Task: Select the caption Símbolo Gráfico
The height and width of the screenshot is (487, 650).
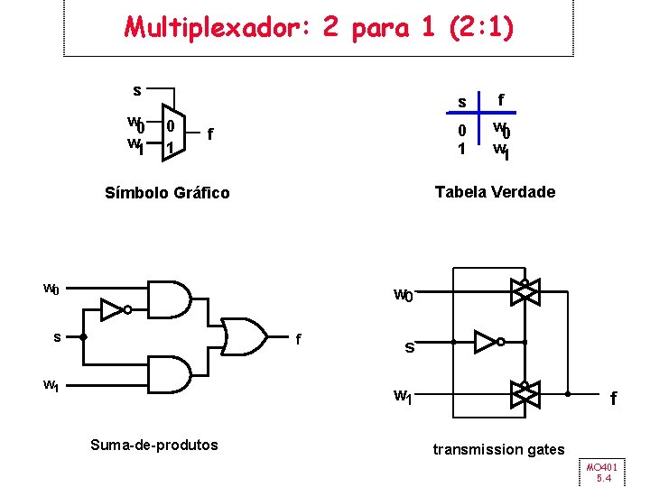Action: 167,193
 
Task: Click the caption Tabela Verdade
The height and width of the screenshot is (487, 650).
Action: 495,191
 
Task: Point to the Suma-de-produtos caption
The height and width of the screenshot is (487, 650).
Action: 154,444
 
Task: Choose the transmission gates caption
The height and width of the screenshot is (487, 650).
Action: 498,449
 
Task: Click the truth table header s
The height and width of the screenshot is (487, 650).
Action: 461,102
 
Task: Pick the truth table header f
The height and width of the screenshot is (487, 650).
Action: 501,100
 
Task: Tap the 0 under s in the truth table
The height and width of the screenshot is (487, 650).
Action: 461,131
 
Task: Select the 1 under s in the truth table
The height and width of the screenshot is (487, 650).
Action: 461,148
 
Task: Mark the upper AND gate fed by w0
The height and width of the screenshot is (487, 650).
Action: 170,297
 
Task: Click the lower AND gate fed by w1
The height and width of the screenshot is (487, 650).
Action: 170,374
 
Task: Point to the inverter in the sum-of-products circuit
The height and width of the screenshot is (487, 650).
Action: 114,310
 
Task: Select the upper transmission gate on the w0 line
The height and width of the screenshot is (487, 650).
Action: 524,291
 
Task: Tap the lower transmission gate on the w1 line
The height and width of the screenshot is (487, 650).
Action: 524,392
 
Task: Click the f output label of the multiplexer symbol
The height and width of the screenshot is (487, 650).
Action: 210,134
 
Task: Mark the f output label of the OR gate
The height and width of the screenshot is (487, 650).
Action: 299,340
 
